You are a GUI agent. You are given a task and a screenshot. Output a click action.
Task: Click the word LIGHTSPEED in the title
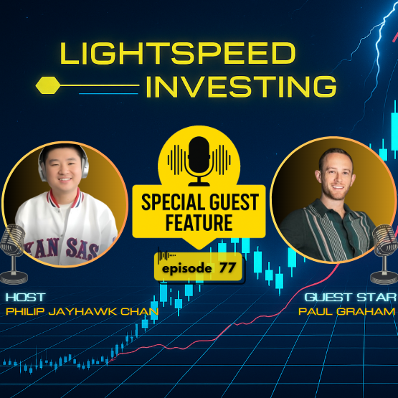[176, 55]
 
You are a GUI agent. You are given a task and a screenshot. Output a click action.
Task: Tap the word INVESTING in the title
[241, 86]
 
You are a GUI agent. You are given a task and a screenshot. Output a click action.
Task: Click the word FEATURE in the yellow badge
[199, 223]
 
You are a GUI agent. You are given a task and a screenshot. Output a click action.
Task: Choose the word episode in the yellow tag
[186, 268]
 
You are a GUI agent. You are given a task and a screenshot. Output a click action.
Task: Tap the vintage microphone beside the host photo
[12, 252]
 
